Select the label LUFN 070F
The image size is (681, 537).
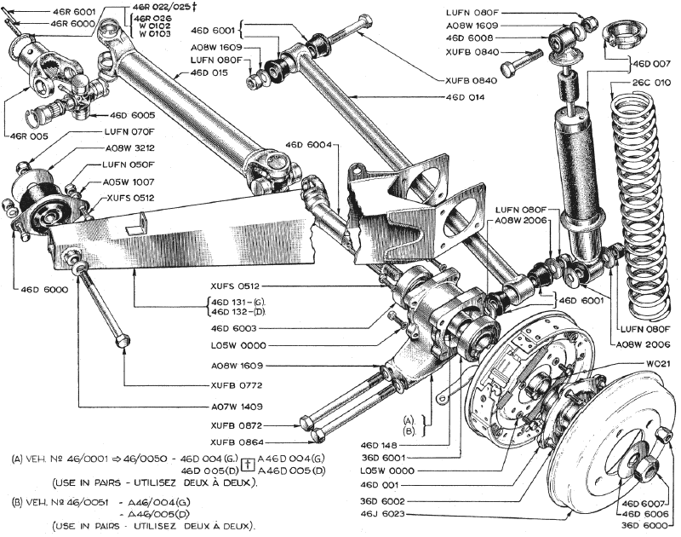[129, 132]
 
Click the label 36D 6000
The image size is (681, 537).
[642, 524]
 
